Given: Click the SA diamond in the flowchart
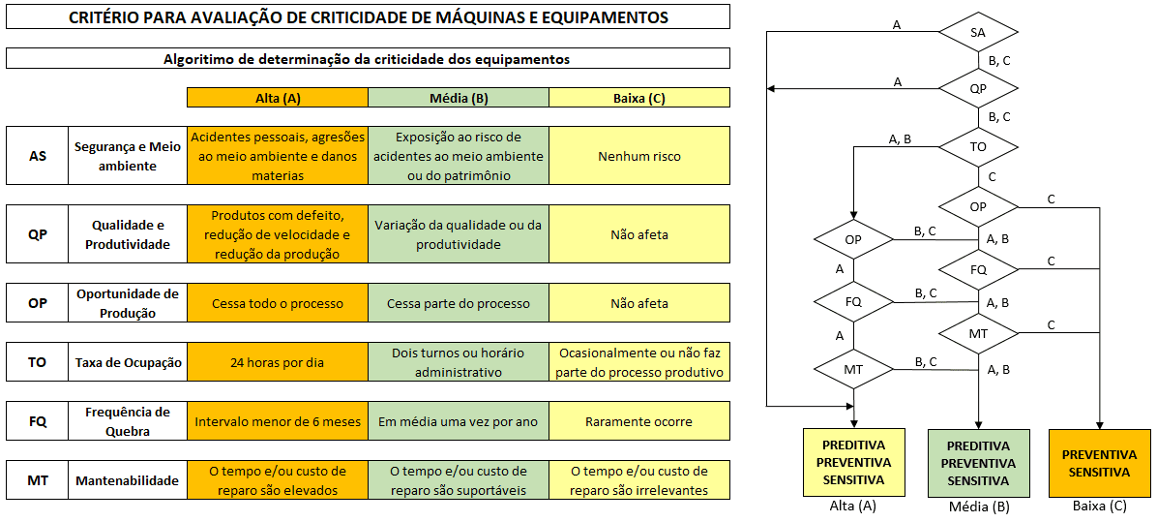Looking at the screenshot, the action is (x=978, y=32).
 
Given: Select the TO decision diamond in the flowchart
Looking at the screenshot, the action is (x=978, y=146).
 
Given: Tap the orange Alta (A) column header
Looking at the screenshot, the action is (x=278, y=98).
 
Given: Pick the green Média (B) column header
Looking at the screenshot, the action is (x=459, y=98).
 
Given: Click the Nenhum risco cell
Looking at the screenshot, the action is (x=639, y=156).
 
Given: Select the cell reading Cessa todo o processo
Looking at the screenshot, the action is (x=278, y=303).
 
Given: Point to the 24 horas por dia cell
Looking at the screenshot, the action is (x=278, y=362).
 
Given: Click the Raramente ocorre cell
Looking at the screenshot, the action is (x=639, y=422).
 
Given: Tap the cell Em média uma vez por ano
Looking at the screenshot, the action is (x=459, y=422).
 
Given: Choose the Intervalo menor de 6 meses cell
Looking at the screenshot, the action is (x=278, y=422).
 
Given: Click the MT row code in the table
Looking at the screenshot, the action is (x=38, y=480).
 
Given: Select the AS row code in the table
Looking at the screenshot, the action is (x=38, y=156).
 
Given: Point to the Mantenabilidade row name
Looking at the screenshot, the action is (x=127, y=480).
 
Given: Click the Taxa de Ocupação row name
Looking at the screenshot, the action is (x=127, y=362).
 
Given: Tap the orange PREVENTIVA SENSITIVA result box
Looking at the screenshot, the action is (x=1099, y=463).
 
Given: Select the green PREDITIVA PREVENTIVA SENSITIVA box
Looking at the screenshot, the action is (x=978, y=463).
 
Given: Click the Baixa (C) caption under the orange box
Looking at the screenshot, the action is (x=1100, y=507).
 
